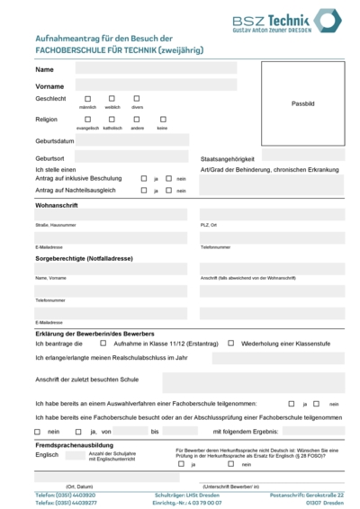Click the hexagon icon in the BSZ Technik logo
point(327,20)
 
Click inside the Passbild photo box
point(302,103)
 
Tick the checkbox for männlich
point(88,98)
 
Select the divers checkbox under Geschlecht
point(137,98)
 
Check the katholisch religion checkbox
point(112,119)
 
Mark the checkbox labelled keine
point(163,119)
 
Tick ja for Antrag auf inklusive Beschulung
point(144,178)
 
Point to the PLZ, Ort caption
point(209,225)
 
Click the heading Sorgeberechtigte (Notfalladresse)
point(84,258)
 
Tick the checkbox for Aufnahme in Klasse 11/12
point(103,343)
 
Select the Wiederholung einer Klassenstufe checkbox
point(231,343)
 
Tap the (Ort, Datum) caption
point(79,486)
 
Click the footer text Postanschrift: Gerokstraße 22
point(306,495)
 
